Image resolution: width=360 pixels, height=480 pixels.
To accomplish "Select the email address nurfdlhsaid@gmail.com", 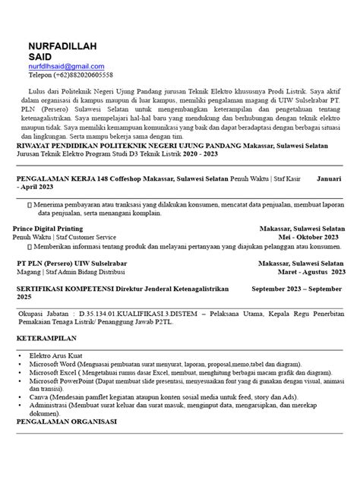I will point(66,67).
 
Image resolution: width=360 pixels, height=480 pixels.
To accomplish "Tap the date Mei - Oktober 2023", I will point(312,236).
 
